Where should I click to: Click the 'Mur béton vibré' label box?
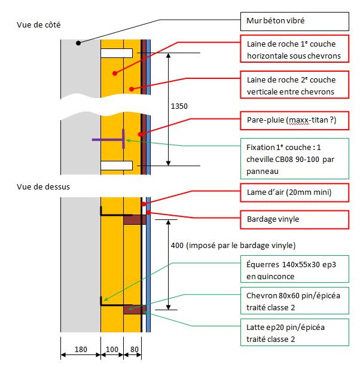[294, 22]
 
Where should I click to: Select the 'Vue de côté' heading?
[39, 25]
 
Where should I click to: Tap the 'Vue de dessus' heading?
[43, 186]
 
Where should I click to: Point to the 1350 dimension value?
[179, 106]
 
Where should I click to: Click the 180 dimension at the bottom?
[81, 349]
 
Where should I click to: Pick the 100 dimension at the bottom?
[112, 349]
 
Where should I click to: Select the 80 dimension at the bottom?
[135, 349]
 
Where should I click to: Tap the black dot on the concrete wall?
[78, 43]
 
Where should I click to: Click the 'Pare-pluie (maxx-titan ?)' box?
[294, 121]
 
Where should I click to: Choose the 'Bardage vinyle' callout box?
[294, 219]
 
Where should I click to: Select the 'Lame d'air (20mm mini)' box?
[294, 192]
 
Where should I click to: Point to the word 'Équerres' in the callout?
[263, 264]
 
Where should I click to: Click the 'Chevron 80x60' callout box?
[294, 301]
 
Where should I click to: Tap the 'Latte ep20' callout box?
[294, 332]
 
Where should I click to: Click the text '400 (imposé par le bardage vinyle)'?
[233, 246]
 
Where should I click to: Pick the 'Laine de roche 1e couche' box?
[294, 48]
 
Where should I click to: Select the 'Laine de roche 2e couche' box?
[294, 85]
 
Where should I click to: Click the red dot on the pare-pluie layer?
[140, 134]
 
